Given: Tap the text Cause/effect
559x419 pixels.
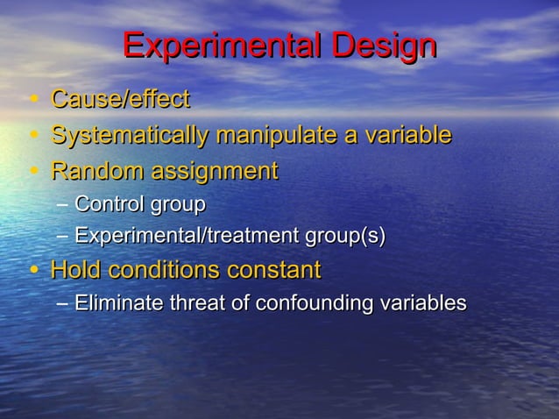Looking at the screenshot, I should (x=120, y=101).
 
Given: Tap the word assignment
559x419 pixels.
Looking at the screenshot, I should (x=216, y=170).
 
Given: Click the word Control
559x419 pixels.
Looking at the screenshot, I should (x=110, y=205).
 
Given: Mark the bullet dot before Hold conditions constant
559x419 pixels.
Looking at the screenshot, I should (x=32, y=270).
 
